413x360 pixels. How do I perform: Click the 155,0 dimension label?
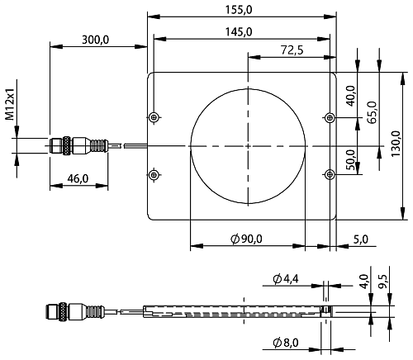239,10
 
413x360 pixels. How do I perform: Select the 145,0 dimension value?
239,32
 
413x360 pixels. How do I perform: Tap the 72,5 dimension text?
292,50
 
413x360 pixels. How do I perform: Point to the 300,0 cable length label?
96,40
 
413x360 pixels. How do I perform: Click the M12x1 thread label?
10,104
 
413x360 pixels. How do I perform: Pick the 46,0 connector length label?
78,179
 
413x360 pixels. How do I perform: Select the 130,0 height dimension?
396,144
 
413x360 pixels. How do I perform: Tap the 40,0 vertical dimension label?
350,96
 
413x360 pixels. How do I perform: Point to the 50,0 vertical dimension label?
350,160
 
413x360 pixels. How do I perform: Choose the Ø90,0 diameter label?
246,239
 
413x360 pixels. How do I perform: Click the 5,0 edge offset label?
361,239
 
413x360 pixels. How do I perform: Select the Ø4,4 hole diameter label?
286,279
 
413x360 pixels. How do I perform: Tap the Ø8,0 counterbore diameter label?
286,343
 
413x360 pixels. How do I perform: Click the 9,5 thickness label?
382,282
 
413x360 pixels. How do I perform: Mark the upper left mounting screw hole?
154,117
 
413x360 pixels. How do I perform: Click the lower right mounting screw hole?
330,174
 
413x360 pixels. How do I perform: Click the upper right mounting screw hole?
330,118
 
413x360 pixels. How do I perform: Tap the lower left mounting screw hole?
154,174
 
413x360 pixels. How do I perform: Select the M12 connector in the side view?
75,311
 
